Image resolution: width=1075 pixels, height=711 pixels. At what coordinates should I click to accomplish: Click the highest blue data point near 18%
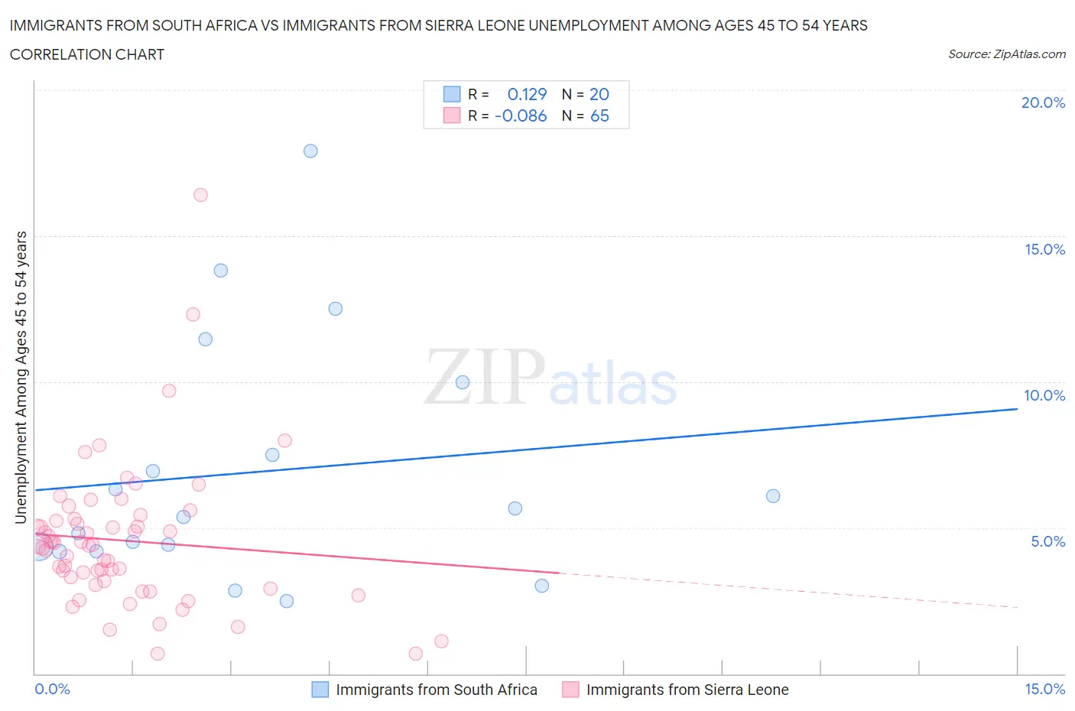click(310, 151)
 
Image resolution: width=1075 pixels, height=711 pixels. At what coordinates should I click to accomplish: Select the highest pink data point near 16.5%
click(200, 195)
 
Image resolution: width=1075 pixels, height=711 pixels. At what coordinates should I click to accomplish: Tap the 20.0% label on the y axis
click(1043, 102)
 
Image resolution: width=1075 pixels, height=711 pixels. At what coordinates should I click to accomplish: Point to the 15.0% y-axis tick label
click(1044, 249)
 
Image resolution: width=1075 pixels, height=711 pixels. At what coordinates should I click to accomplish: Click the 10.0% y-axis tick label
click(1044, 395)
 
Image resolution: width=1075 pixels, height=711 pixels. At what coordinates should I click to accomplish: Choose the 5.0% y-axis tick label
click(1047, 541)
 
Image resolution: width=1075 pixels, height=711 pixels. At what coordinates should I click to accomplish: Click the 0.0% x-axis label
click(52, 689)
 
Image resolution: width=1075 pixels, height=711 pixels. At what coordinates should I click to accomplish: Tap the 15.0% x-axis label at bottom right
click(1044, 689)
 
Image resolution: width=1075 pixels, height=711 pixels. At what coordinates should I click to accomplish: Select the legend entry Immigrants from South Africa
click(436, 690)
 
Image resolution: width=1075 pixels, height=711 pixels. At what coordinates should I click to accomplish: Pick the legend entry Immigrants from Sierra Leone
click(687, 690)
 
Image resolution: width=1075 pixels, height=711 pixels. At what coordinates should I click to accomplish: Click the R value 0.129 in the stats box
click(527, 94)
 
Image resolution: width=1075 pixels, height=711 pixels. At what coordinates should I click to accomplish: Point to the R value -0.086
click(521, 115)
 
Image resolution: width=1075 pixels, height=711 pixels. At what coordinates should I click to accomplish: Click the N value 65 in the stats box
click(599, 115)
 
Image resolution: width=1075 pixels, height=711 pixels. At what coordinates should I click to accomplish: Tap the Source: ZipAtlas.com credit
click(1006, 54)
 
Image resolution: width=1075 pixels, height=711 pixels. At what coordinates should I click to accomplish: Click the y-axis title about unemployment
click(21, 377)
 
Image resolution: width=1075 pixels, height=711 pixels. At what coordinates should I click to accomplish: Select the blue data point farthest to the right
click(773, 496)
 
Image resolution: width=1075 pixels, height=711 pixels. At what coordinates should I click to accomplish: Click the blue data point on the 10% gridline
click(463, 382)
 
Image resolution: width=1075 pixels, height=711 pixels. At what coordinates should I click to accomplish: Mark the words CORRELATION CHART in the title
click(87, 54)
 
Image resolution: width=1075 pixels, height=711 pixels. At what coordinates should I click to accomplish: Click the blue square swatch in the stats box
click(452, 94)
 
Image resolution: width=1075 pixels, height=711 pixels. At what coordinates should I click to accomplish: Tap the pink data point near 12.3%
click(193, 314)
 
